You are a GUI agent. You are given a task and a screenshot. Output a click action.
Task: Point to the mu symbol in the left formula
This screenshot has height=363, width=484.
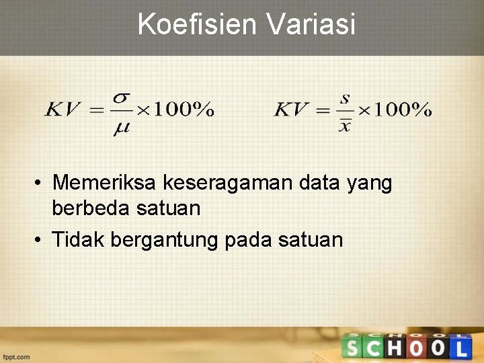pos(121,128)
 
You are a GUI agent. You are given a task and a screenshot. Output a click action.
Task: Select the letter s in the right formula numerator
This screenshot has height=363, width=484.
pos(345,98)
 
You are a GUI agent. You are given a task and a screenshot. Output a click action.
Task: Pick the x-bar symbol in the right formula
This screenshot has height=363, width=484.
pos(345,125)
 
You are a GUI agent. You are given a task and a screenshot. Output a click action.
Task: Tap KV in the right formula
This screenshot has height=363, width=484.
pos(292,110)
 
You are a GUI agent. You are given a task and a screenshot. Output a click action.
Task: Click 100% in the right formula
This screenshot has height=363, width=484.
pos(401,110)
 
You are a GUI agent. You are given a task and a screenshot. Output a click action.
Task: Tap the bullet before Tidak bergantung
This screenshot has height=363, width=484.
pos(40,239)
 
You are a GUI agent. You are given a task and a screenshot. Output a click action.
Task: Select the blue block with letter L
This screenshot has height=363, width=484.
pos(460,348)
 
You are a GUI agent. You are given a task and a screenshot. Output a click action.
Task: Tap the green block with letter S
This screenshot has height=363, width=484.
pos(352,348)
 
